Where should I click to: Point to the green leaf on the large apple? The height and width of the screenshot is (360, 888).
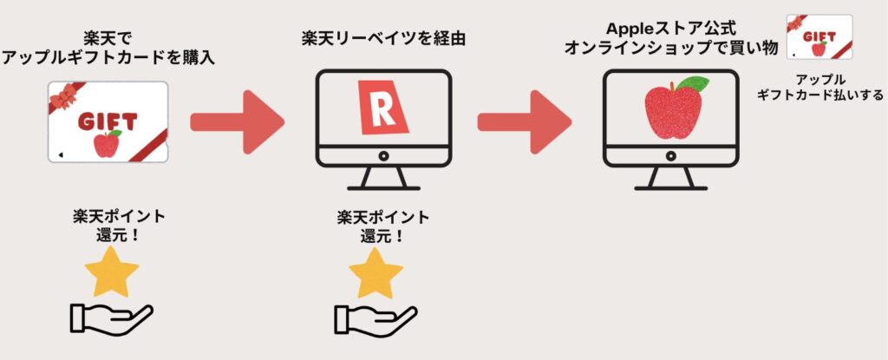pos(691,85)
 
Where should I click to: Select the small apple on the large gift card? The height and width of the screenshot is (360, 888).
pos(106,144)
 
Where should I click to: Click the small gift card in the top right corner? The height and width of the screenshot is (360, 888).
pos(819,36)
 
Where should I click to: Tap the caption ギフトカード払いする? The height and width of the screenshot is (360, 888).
pos(819,95)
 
